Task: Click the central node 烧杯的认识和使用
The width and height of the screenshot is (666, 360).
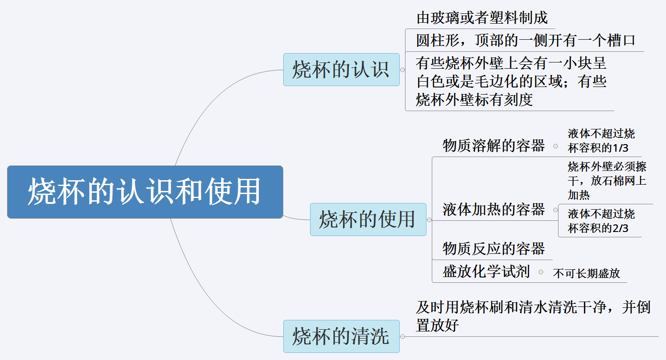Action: coord(145,192)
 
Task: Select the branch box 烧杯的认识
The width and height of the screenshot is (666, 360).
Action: coord(341,70)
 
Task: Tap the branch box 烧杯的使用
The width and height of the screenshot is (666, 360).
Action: coord(368,219)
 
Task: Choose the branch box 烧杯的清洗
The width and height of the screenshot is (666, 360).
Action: coord(341,336)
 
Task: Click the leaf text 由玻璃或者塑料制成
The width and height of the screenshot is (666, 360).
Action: coord(482,18)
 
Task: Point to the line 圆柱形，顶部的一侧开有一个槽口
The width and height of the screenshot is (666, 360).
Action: coord(525,41)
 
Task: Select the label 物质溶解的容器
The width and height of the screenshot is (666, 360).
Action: coord(493,145)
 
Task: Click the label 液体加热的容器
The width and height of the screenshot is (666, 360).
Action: coord(493,209)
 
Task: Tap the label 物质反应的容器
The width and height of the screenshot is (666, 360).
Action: coord(493,248)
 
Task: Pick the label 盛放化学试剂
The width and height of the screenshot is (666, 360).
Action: coord(486,271)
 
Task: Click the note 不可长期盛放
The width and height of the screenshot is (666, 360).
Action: coord(586,273)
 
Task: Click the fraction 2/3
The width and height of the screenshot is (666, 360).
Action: coord(620,228)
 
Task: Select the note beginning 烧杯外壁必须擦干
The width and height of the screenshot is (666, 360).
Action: coord(607,181)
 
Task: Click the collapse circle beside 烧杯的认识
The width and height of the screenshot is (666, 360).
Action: coord(403,70)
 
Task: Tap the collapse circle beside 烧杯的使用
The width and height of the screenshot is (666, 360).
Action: coord(429,220)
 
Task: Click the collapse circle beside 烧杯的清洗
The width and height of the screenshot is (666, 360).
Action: coord(403,336)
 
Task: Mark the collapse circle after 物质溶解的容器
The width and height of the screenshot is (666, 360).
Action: coord(555,146)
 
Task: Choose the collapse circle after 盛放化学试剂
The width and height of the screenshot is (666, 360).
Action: coord(541,272)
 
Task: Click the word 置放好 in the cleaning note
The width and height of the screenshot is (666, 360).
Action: coord(437,326)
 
